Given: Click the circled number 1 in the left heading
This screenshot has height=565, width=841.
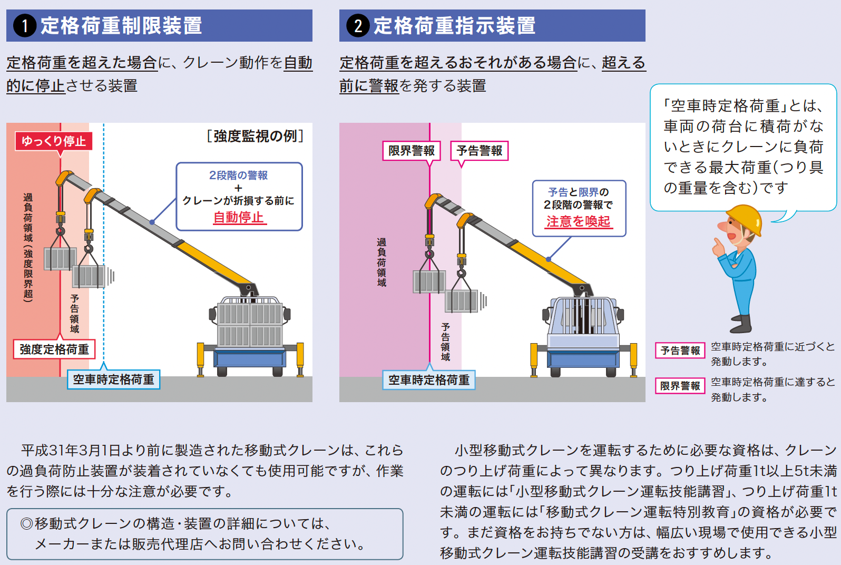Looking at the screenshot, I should coord(25,26).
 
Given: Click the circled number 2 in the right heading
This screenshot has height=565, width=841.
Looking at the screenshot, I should coord(358,26).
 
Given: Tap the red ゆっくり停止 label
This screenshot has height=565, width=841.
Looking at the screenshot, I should coord(54,141).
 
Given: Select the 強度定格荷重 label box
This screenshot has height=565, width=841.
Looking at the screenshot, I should coord(54,349).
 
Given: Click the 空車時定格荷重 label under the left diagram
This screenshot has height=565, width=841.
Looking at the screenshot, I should coord(113,379).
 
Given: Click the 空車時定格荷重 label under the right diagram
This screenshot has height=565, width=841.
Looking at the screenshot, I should coord(428,380).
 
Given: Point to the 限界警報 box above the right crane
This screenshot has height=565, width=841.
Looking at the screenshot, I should coord(412,151).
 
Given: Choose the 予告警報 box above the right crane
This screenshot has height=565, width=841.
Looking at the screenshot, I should coord(479,151).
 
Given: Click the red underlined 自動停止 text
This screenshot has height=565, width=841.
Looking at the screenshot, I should coord(239,217).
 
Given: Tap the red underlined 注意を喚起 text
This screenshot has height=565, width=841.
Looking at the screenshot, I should coord(578,221).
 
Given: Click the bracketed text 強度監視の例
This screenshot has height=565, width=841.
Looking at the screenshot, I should coord(256,137).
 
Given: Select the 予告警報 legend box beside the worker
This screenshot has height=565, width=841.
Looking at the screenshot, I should coord(680,350).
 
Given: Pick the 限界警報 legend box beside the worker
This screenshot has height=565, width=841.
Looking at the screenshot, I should coord(680,386).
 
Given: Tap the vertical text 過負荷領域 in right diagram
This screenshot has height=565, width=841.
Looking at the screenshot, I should coord(382,262).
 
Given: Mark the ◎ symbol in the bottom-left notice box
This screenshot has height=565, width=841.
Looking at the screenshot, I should coord(26,524).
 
